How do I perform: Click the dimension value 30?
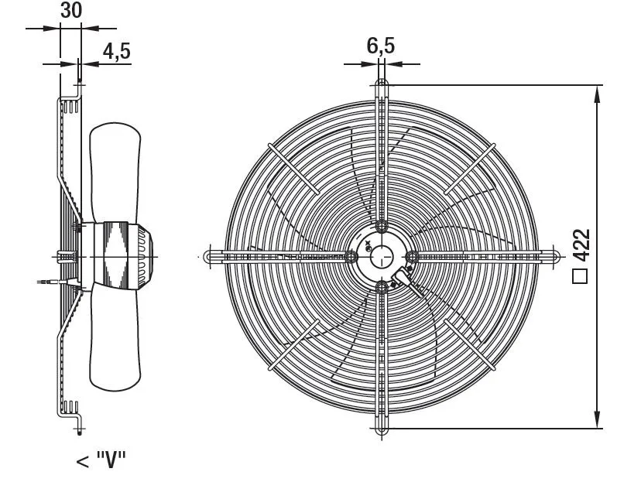(71, 11)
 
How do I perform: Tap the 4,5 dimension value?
(116, 52)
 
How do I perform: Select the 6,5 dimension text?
(381, 46)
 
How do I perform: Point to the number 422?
(581, 245)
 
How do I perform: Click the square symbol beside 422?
(580, 276)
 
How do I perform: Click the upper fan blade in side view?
(115, 172)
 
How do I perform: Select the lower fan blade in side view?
(115, 339)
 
